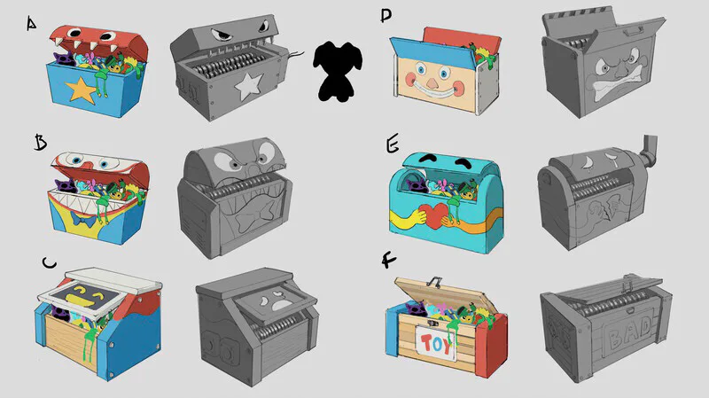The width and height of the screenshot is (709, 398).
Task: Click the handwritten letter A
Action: [31, 24]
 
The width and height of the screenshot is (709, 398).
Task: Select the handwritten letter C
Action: [49, 262]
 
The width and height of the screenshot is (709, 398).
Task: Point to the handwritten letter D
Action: [386, 16]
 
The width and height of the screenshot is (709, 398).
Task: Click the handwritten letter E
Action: [393, 145]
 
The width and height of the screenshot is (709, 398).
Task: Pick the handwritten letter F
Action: [389, 261]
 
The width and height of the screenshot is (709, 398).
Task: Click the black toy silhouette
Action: [338, 71]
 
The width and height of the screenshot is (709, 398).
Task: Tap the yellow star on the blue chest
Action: [82, 90]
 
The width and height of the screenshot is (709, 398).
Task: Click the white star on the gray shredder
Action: [248, 86]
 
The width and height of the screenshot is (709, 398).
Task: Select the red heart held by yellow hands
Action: [435, 215]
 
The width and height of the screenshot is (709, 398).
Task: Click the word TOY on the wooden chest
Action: [436, 344]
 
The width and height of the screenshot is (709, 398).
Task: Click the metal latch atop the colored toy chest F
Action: [434, 282]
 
